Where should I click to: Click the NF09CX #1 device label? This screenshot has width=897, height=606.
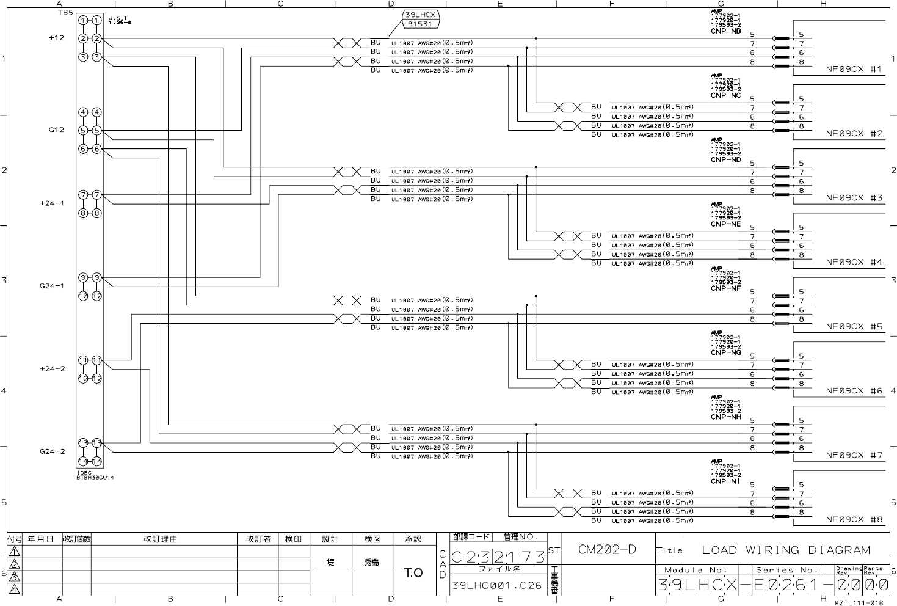[x=854, y=70]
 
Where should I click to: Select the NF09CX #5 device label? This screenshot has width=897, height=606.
[x=854, y=327]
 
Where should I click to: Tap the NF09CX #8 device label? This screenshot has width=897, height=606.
[x=854, y=520]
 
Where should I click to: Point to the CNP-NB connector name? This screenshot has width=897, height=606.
[x=725, y=31]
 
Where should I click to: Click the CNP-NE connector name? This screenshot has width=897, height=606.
[x=725, y=224]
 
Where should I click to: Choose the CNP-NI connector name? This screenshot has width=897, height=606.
[x=725, y=481]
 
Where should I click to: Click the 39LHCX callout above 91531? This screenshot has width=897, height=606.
[x=419, y=15]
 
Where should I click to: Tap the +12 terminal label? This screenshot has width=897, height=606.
[x=56, y=38]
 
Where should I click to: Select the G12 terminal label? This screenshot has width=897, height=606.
[x=56, y=130]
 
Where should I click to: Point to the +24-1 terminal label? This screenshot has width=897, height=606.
[x=53, y=203]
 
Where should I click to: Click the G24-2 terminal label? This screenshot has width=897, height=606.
[x=53, y=451]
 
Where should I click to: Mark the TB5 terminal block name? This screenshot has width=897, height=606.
[x=64, y=12]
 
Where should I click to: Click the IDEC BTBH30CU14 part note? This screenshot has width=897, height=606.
[x=95, y=475]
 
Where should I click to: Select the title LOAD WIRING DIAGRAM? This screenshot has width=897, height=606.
[x=786, y=550]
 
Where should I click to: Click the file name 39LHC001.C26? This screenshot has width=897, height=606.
[x=496, y=585]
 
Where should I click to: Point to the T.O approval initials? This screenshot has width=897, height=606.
[x=413, y=572]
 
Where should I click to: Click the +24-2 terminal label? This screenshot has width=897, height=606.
[x=53, y=369]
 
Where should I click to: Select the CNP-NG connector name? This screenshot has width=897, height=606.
[x=725, y=352]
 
